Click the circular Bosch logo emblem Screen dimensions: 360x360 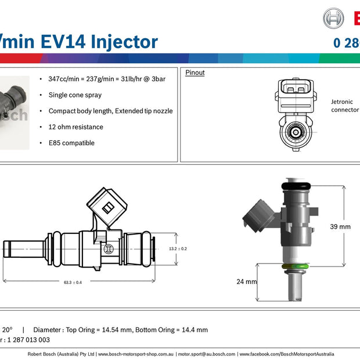pos(333,18)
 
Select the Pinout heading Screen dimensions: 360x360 pos(195,73)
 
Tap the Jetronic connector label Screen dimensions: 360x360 pos(344,105)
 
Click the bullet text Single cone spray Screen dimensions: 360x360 pos(75,95)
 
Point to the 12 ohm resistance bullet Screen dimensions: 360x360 pos(75,127)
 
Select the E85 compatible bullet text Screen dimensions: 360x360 pos(71,143)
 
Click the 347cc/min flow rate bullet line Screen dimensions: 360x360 pos(107,78)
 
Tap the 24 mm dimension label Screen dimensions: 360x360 pos(247,282)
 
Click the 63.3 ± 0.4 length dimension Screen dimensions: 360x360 pos(73,283)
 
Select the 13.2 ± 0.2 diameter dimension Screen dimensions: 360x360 pos(177,249)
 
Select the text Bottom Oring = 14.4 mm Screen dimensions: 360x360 pos(171,330)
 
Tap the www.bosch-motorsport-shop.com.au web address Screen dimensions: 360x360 pos(135,354)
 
